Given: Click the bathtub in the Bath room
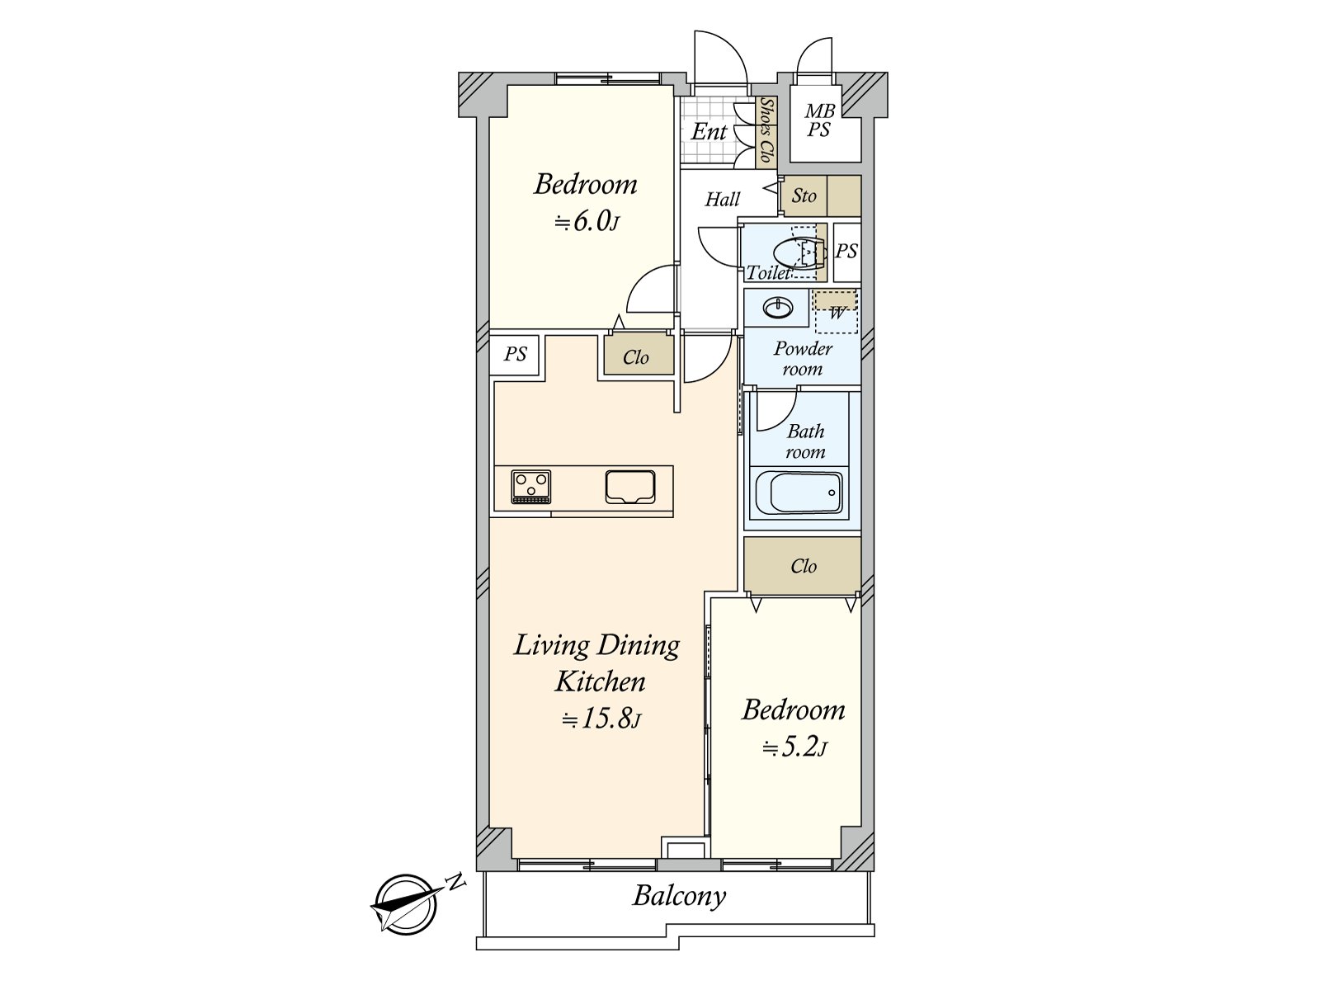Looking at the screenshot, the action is coord(799,493).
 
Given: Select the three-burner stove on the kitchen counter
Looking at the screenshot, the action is coord(531,486).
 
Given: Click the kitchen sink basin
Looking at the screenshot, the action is coord(630,486).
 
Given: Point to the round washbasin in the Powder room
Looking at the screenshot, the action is coord(778,308).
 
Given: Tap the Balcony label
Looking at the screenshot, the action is coord(680,897).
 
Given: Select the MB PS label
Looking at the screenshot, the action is coord(820,120).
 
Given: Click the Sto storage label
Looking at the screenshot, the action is coord(804,196).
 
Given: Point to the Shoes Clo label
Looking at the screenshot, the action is coord(766,130).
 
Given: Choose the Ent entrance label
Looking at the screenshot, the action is coord(709,132).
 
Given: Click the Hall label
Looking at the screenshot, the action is coord(722,199).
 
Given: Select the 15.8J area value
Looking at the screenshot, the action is coord(601,719).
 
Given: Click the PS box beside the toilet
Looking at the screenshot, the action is coord(847,252).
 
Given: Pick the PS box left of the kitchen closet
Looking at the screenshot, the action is coord(515,355).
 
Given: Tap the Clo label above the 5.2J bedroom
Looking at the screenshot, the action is coord(804,566).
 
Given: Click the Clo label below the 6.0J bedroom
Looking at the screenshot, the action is coord(635,358).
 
